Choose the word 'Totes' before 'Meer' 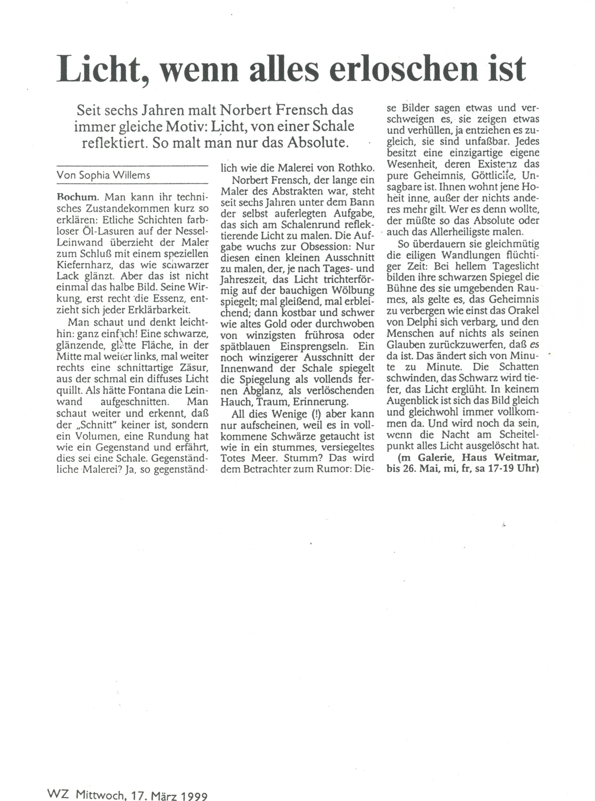coord(234,458)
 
